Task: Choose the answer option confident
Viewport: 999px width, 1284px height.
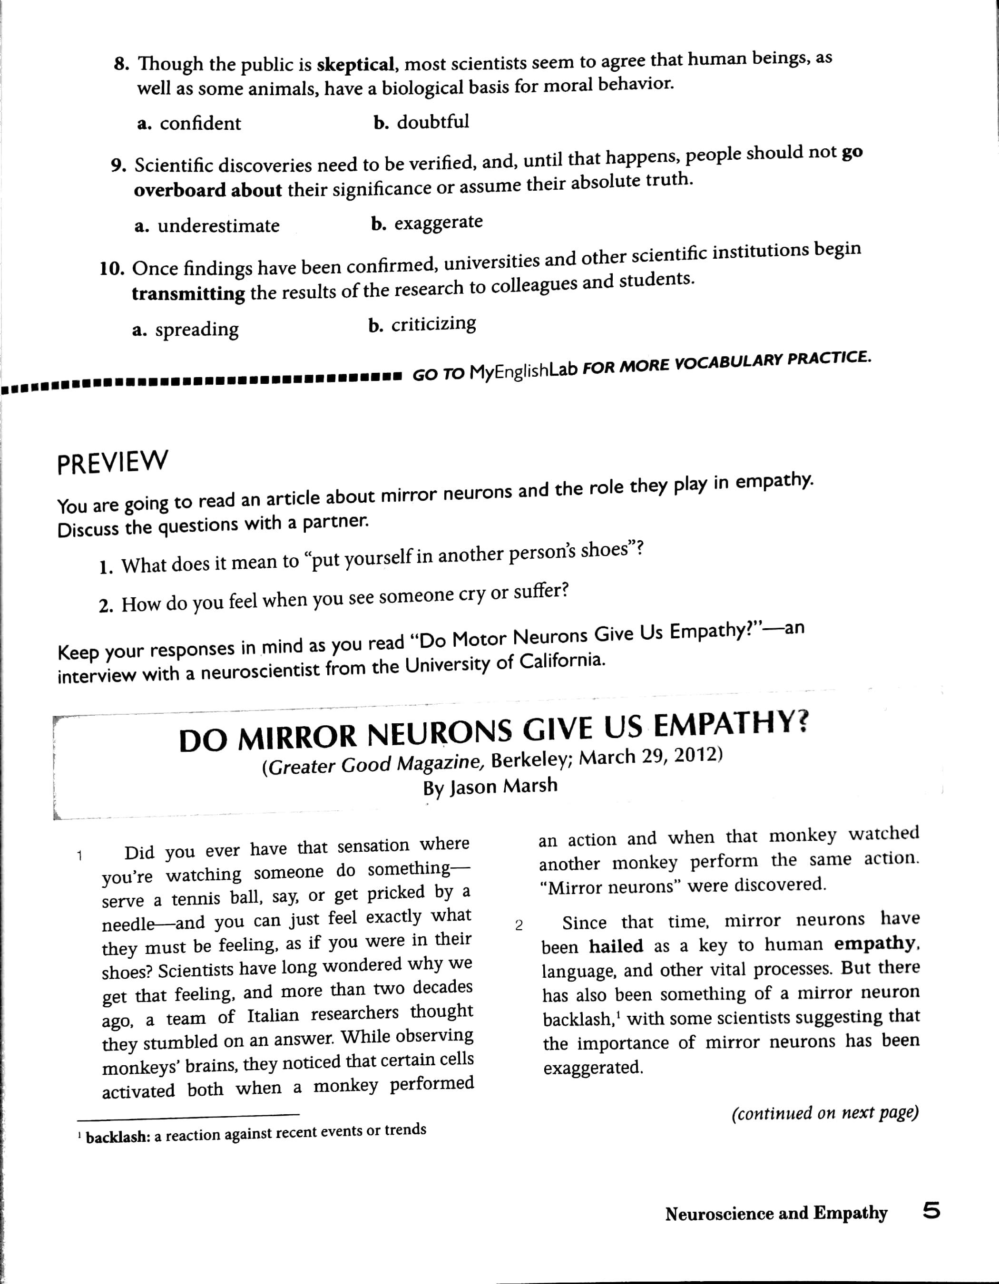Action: pos(200,124)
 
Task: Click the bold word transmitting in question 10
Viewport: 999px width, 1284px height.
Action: pos(188,293)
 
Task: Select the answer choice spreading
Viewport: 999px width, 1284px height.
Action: pos(196,329)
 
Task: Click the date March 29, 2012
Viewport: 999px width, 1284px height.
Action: pos(650,757)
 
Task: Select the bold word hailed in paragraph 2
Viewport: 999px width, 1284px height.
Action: pos(616,946)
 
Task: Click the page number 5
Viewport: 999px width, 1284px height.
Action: pos(931,1211)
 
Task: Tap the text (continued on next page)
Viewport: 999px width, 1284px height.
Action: pos(825,1113)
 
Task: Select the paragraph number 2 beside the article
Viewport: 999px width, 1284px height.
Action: pos(519,925)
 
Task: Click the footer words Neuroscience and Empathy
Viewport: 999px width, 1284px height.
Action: pos(776,1213)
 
